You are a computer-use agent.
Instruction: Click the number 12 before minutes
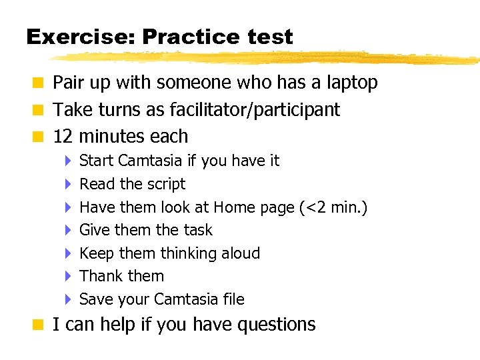coord(63,137)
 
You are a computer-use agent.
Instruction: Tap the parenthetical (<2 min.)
coord(333,207)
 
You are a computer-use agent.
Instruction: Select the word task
coord(197,230)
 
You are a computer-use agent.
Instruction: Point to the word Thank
coord(100,276)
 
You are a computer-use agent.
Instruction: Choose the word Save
coord(97,299)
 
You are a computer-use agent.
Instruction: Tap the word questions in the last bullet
coord(274,325)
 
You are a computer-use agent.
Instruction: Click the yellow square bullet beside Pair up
coord(40,83)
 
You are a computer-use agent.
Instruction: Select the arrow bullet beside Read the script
coord(68,184)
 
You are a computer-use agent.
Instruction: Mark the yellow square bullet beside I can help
coord(40,325)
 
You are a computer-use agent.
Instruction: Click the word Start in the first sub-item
coord(96,161)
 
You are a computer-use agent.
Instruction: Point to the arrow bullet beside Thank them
coord(68,276)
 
